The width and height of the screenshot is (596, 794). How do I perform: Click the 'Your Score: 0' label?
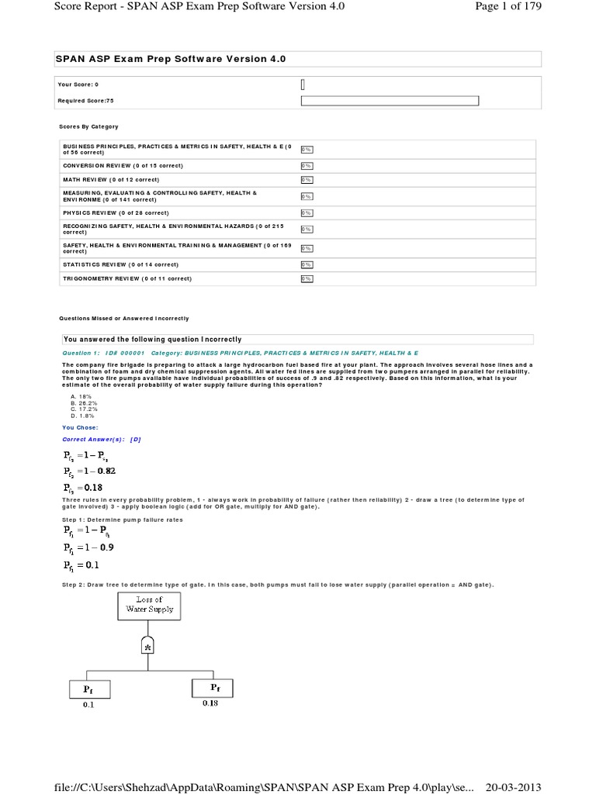[x=78, y=84]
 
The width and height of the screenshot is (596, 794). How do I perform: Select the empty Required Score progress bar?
[x=390, y=101]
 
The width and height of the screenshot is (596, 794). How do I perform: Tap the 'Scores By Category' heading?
[x=88, y=126]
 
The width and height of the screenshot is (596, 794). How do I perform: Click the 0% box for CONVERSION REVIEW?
[x=307, y=165]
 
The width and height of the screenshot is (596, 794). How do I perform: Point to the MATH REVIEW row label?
[x=111, y=179]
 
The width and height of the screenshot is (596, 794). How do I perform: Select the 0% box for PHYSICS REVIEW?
[x=307, y=212]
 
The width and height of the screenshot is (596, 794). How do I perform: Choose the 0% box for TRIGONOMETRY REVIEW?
[x=307, y=278]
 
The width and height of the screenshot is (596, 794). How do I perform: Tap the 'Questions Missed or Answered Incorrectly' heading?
[x=124, y=318]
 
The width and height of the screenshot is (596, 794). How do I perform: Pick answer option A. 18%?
[x=81, y=396]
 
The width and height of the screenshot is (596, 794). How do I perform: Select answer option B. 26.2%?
[x=84, y=403]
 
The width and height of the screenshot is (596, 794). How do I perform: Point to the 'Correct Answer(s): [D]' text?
[x=101, y=439]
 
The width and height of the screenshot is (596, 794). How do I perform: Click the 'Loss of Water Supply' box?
[x=149, y=605]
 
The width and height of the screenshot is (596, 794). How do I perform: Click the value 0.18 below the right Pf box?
[x=210, y=703]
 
